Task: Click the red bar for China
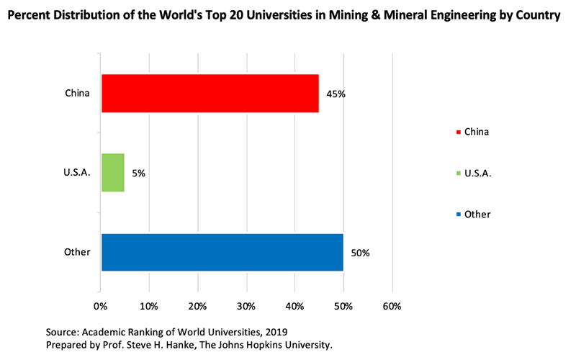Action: pos(210,93)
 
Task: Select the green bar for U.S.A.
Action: pos(113,173)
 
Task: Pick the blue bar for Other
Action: pos(222,252)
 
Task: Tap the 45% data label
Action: pos(335,94)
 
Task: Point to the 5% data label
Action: pos(138,174)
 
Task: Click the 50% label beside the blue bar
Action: pos(359,253)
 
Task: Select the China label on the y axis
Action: pos(77,93)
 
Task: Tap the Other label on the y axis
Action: pos(77,252)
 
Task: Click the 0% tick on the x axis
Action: pos(101,306)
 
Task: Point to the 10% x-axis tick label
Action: pos(149,306)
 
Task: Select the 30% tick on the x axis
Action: pos(246,306)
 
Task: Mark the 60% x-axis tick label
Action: pos(392,306)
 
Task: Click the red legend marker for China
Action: pos(459,132)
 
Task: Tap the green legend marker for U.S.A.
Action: pos(459,174)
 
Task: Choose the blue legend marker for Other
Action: pos(459,215)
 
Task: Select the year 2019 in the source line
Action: pos(276,332)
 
